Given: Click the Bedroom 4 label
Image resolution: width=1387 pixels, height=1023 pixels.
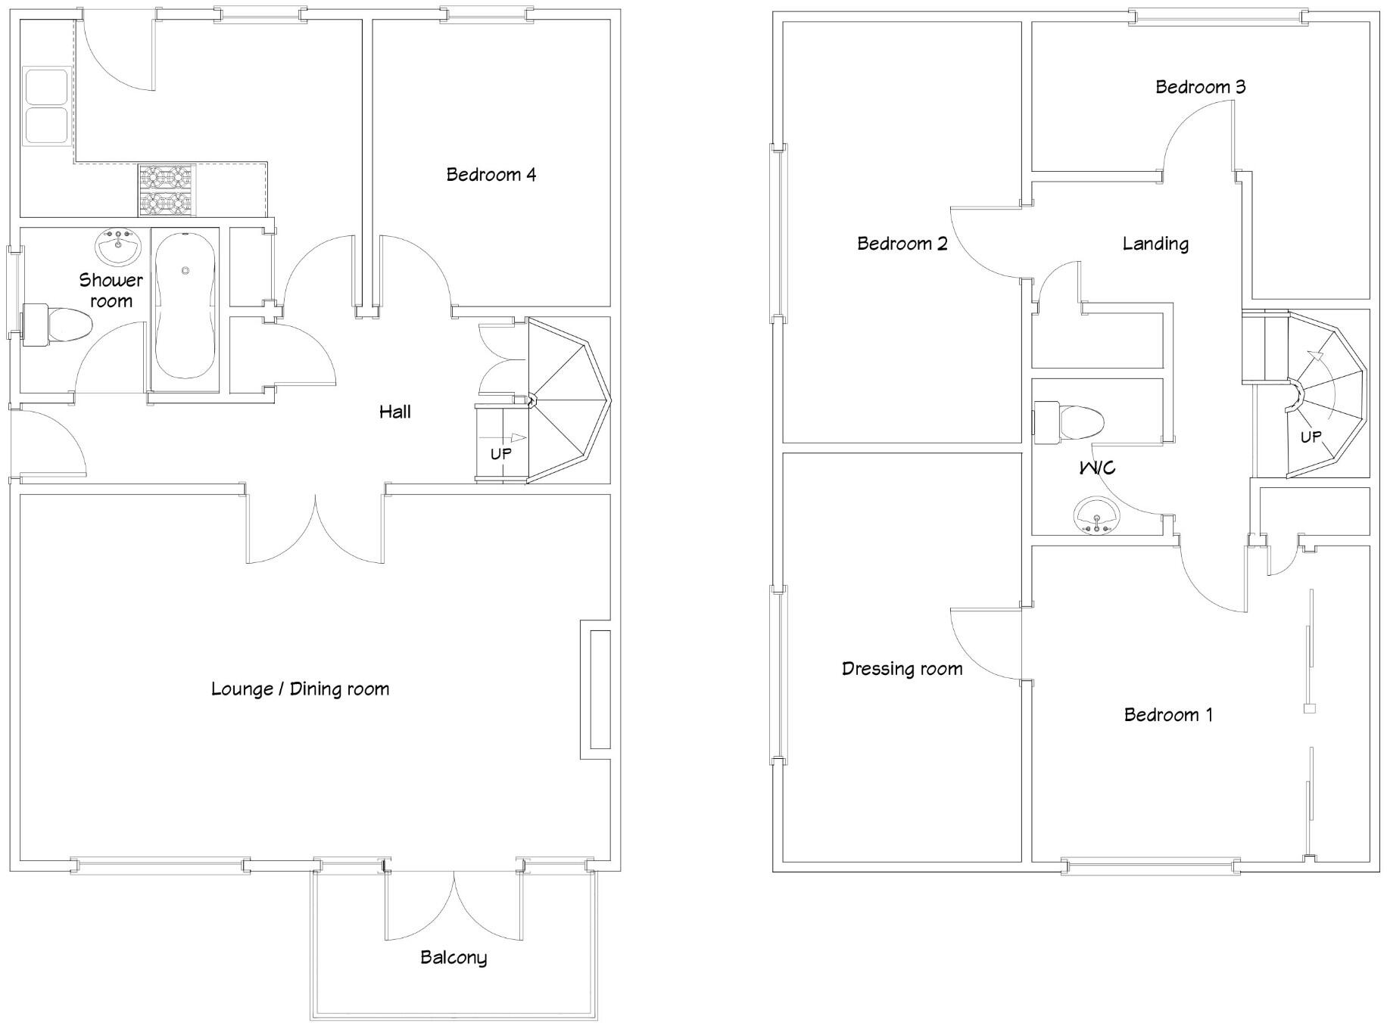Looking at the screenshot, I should coord(491,175).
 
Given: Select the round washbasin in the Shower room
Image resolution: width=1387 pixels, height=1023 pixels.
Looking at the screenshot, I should coord(119,247).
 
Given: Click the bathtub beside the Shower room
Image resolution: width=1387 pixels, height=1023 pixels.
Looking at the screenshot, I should coord(185,311).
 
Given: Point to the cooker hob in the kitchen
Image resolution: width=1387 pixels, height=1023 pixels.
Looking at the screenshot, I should coord(167,191).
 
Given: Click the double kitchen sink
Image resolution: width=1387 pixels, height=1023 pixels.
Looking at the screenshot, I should coord(47,106).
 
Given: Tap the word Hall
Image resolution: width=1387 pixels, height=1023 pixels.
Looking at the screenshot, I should coord(394,412).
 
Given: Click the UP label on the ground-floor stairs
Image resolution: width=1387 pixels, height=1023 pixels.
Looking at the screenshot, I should coord(500,454).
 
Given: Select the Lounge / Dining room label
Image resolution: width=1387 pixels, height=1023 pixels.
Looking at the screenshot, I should coord(300,689).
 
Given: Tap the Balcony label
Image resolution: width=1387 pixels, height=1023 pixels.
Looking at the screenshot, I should coord(453,957).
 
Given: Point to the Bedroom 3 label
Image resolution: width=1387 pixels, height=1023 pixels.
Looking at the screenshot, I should coord(1200,87).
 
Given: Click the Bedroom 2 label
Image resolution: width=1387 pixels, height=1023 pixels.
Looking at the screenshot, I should coord(902,244).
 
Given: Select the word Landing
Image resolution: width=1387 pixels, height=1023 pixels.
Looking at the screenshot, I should coord(1155,244).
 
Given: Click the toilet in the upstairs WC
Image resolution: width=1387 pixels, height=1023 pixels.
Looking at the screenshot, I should coord(1068,422).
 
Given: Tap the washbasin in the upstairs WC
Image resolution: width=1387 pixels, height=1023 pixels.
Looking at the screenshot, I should coord(1096,515).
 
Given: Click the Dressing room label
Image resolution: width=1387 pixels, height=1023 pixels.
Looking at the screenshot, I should coord(902,669).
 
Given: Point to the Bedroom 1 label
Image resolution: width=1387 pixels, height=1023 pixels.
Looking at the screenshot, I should coord(1167,715).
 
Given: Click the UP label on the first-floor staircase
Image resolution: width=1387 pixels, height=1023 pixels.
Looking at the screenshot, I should coord(1311,437).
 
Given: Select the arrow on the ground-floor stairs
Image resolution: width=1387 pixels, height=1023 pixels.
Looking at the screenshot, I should coord(513,437).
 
